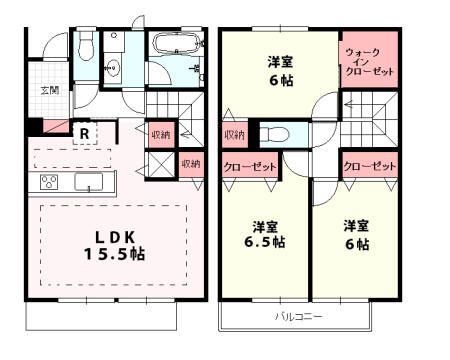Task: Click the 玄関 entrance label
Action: tap(50, 90)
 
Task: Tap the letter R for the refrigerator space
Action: tap(85, 134)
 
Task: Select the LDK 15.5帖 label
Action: tap(114, 246)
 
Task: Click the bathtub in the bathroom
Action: tap(176, 43)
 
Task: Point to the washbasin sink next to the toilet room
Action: tap(114, 68)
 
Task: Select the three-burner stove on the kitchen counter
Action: tap(49, 182)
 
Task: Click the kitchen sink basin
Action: tap(89, 182)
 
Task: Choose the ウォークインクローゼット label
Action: tap(369, 62)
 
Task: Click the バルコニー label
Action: tap(299, 316)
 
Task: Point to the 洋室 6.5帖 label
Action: tap(265, 234)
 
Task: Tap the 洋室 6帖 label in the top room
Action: tap(281, 71)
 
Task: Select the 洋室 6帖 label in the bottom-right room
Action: tap(357, 235)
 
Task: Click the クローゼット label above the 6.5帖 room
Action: tap(250, 166)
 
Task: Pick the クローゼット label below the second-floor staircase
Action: tap(370, 166)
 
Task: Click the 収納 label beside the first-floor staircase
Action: tap(161, 135)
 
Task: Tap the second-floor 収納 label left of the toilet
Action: tap(235, 135)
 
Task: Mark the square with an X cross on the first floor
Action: tap(161, 166)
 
